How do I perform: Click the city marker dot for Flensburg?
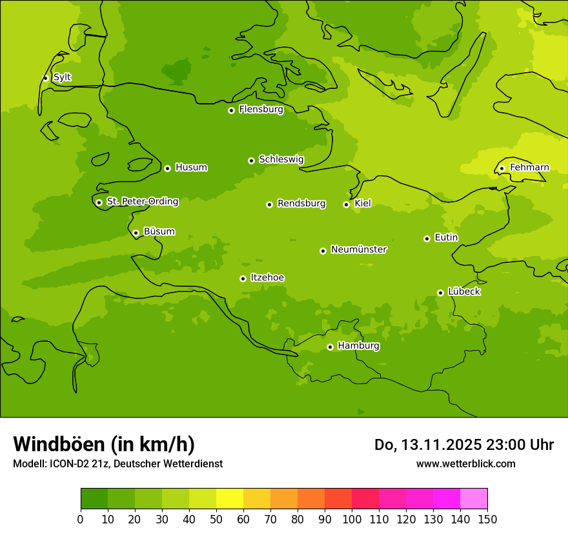tap(231, 110)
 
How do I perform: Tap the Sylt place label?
tap(62, 77)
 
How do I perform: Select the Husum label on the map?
tap(191, 168)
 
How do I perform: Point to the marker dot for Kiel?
tap(346, 204)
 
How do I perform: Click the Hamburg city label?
tap(358, 346)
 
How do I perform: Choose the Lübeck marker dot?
tap(440, 293)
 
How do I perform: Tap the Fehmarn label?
tap(529, 168)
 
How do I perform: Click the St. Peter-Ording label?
tap(142, 202)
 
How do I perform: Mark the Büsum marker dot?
tap(136, 233)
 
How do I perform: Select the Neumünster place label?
tap(359, 249)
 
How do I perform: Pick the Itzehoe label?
tap(267, 278)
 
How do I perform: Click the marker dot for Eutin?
tap(427, 238)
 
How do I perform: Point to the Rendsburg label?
tap(301, 204)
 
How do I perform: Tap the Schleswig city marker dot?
tap(251, 160)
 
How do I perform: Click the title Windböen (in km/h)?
tap(104, 444)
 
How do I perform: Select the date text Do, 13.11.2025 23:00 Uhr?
tap(463, 445)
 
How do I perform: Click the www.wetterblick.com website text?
tap(465, 463)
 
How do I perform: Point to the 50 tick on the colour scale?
tap(216, 519)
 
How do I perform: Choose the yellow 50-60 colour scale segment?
tap(230, 499)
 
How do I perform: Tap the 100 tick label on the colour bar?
tap(352, 519)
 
